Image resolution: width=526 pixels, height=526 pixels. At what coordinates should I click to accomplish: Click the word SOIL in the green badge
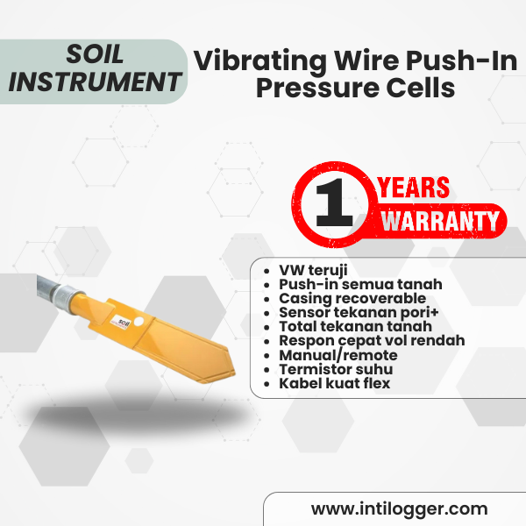pyautogui.click(x=95, y=54)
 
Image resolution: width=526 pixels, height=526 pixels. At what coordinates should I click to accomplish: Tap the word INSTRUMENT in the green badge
pyautogui.click(x=95, y=82)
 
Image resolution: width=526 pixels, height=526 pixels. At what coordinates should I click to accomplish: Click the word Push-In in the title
pyautogui.click(x=462, y=60)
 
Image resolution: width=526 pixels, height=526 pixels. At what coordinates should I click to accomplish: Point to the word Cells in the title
pyautogui.click(x=421, y=88)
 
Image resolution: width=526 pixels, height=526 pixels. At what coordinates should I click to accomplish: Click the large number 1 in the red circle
pyautogui.click(x=334, y=203)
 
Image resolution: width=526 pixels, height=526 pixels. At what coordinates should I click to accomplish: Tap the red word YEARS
pyautogui.click(x=414, y=188)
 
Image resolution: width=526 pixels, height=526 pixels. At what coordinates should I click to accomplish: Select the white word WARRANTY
pyautogui.click(x=440, y=221)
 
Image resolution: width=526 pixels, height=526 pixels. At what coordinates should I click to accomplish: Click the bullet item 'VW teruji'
pyautogui.click(x=313, y=270)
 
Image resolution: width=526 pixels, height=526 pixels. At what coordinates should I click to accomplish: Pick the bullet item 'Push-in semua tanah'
pyautogui.click(x=360, y=284)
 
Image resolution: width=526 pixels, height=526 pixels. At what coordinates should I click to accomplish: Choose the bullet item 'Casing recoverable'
pyautogui.click(x=352, y=298)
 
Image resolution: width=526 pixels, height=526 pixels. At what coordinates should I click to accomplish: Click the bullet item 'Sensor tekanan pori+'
pyautogui.click(x=359, y=312)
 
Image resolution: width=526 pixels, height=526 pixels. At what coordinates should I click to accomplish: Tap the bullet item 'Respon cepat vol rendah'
pyautogui.click(x=372, y=340)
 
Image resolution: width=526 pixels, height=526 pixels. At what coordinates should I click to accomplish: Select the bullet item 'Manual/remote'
pyautogui.click(x=338, y=355)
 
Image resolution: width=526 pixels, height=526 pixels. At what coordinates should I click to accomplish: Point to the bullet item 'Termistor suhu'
pyautogui.click(x=336, y=369)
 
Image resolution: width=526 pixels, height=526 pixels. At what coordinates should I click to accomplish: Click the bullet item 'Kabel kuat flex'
pyautogui.click(x=335, y=383)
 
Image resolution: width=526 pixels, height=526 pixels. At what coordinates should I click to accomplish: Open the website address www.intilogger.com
pyautogui.click(x=399, y=508)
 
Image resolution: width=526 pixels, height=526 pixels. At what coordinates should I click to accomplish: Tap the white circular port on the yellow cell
pyautogui.click(x=139, y=322)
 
